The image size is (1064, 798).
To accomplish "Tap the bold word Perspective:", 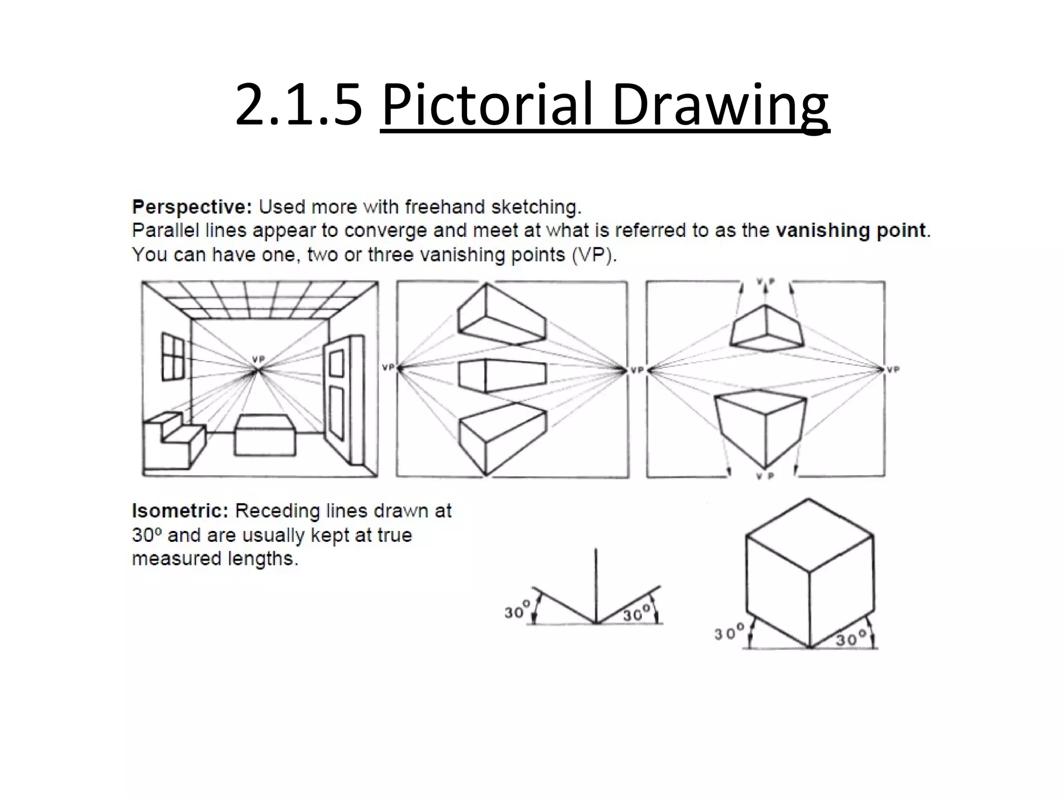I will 192,207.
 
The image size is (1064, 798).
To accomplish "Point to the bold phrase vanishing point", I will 850,230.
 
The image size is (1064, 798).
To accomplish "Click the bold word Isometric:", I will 180,511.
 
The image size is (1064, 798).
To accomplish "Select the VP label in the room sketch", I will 258,359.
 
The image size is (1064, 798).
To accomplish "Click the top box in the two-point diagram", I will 502,317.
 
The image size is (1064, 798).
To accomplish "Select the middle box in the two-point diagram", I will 502,375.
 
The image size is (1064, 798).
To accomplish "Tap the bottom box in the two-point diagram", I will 502,436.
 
